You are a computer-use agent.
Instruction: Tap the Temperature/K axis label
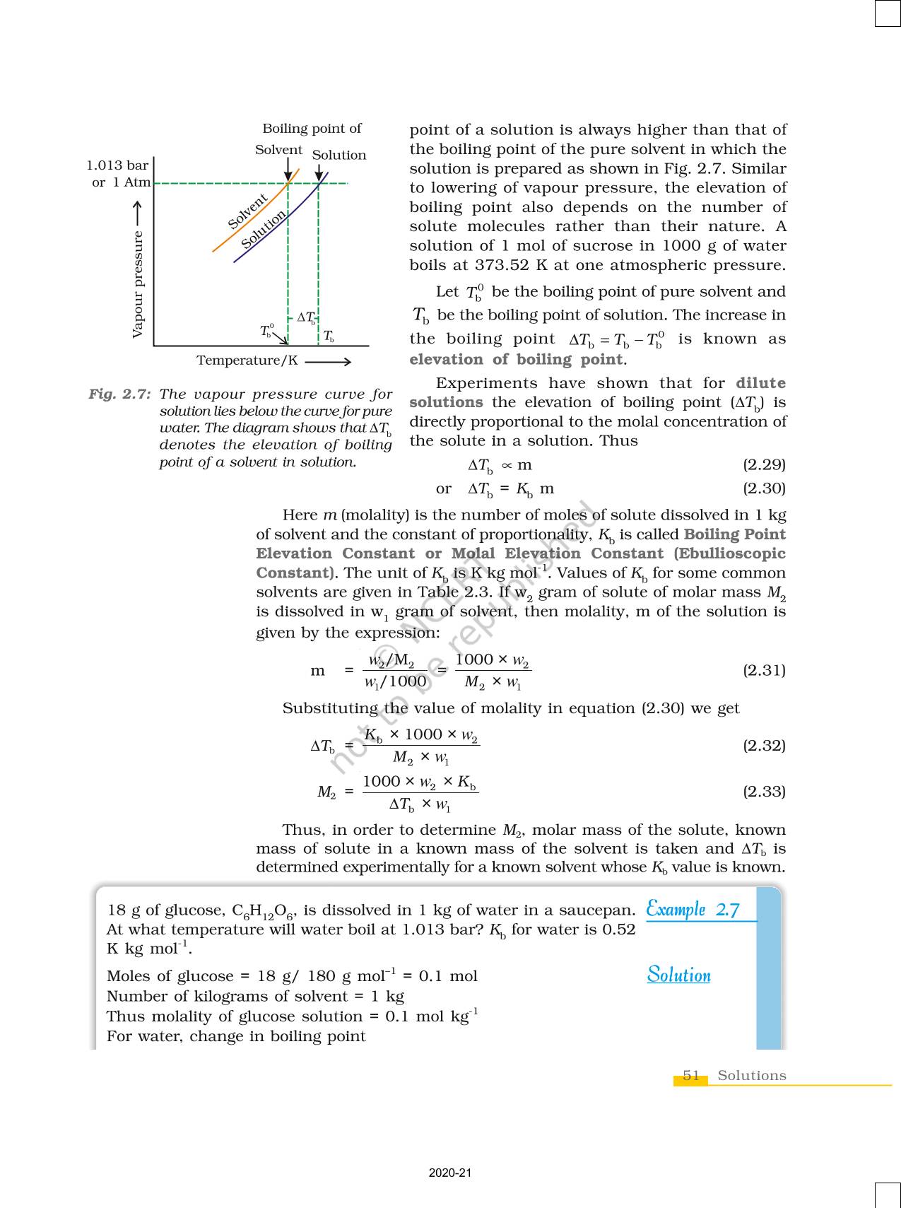(247, 360)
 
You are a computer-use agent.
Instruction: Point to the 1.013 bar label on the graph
(117, 165)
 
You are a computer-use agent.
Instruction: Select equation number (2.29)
(764, 464)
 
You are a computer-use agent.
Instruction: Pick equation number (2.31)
(764, 669)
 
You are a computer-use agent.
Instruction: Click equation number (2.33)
(764, 791)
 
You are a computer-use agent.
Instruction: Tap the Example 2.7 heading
(693, 909)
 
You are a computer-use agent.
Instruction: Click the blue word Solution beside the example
(678, 975)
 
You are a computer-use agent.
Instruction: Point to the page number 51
(691, 1075)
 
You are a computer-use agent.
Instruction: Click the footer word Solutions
(751, 1075)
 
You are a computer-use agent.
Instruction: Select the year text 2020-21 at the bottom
(449, 1173)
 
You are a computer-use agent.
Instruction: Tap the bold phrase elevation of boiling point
(517, 359)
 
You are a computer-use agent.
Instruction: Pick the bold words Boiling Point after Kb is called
(734, 534)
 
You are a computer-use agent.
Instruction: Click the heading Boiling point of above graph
(312, 129)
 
